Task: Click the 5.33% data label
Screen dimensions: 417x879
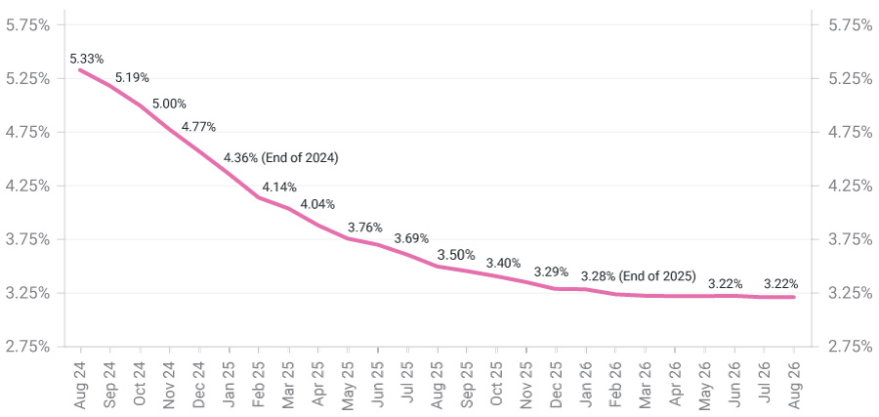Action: click(88, 59)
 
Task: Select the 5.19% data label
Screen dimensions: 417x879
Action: click(133, 77)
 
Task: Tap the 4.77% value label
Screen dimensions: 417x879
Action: click(198, 127)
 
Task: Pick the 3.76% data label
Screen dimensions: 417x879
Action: click(365, 228)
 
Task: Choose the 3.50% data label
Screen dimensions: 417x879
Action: click(456, 255)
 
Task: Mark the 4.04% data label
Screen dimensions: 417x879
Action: click(317, 205)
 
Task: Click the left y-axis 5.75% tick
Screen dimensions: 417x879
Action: click(28, 24)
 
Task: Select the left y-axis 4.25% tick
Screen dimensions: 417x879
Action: click(28, 186)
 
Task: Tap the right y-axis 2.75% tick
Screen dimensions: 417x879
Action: click(850, 346)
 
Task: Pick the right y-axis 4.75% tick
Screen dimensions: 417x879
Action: click(850, 132)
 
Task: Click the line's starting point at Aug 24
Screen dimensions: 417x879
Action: click(80, 69)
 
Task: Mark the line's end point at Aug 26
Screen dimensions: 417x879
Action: click(793, 297)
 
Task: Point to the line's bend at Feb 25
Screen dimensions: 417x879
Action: click(259, 197)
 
